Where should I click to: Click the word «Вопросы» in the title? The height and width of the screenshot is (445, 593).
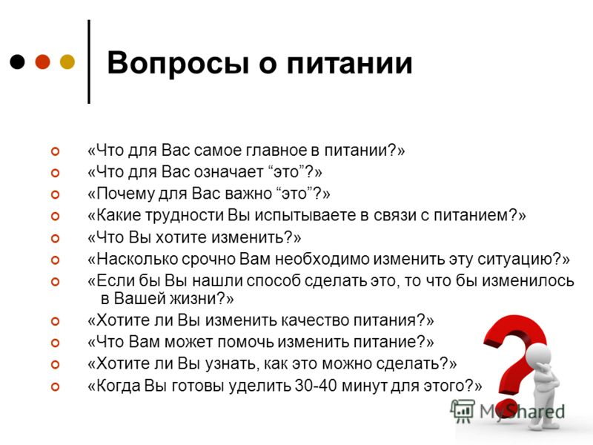(x=178, y=63)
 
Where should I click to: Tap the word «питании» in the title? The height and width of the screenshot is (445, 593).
(x=349, y=62)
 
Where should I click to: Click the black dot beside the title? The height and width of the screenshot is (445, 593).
(x=17, y=62)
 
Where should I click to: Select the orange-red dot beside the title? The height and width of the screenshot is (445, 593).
(x=43, y=62)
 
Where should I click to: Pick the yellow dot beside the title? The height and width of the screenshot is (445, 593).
(x=67, y=62)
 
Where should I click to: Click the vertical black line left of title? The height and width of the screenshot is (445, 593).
(x=89, y=62)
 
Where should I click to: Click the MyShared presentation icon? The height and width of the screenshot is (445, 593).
(x=462, y=411)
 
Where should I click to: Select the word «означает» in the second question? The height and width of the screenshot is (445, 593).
(x=228, y=172)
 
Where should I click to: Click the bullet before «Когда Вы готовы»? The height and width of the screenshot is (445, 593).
(x=55, y=386)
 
